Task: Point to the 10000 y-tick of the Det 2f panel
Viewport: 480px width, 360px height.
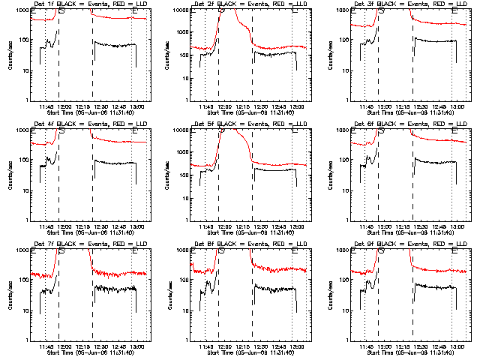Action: tap(180, 10)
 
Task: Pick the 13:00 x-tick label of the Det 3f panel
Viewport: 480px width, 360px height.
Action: tap(457, 107)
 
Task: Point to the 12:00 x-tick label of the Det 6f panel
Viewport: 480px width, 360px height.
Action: tap(384, 227)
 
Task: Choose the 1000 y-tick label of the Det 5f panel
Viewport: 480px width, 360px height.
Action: tap(180, 130)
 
